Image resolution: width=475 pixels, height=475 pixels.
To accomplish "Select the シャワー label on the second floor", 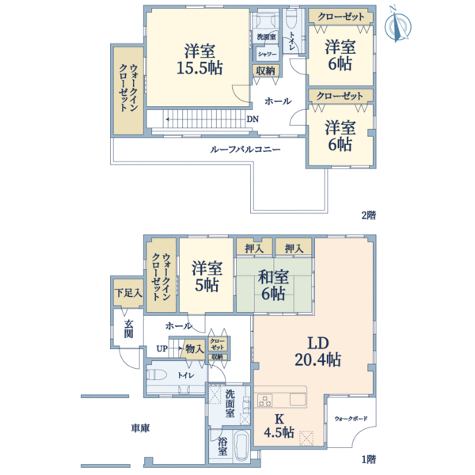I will (x=265, y=54).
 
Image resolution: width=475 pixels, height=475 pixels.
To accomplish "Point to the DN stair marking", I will (x=252, y=120).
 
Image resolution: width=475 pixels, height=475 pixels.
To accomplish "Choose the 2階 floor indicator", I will (x=368, y=215).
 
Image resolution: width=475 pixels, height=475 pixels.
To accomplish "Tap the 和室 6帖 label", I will (x=272, y=285).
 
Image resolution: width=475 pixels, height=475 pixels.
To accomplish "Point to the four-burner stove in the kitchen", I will (x=263, y=397).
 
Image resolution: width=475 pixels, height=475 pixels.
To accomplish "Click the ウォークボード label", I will (x=350, y=417).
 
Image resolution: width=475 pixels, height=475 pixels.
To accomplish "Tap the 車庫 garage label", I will (x=141, y=428).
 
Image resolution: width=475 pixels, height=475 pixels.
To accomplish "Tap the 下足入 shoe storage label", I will (x=127, y=293).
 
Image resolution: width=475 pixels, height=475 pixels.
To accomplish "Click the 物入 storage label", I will (x=193, y=348).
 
